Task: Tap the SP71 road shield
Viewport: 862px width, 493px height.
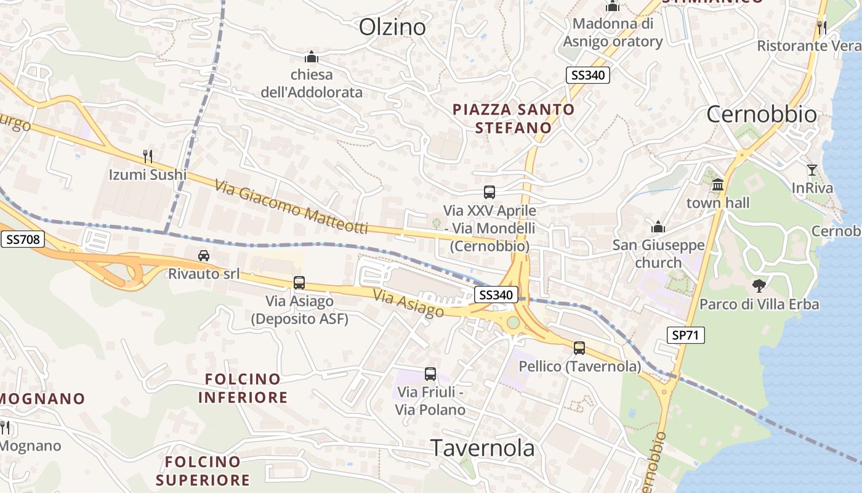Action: (x=686, y=335)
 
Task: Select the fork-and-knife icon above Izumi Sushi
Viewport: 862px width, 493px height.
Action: (x=147, y=156)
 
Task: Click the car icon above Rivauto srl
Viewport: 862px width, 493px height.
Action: (x=204, y=255)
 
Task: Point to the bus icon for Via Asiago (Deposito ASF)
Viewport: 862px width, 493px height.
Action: (x=299, y=283)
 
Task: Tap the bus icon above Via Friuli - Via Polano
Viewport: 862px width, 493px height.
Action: (x=430, y=373)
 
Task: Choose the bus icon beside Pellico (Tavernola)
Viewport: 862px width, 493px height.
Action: (x=579, y=348)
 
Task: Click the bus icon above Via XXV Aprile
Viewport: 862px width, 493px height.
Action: (x=489, y=192)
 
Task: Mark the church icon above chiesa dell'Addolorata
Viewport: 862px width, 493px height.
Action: (x=312, y=57)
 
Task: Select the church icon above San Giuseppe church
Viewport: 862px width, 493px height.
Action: (x=658, y=227)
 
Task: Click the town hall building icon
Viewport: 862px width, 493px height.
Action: (x=717, y=185)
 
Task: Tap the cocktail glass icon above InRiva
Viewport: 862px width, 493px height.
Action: (x=812, y=169)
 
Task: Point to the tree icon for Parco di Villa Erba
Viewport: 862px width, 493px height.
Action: (x=759, y=285)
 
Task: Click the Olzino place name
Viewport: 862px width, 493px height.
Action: (x=392, y=26)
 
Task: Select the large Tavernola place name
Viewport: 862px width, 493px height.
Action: (x=483, y=448)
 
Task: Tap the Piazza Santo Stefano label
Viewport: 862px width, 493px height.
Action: (x=514, y=118)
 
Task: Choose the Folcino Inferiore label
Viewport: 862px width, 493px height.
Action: (x=243, y=388)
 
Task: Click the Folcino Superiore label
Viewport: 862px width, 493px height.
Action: (x=203, y=470)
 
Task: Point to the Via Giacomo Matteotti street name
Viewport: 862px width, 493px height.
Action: (x=291, y=206)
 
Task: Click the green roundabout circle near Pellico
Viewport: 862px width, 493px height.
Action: (x=513, y=322)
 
